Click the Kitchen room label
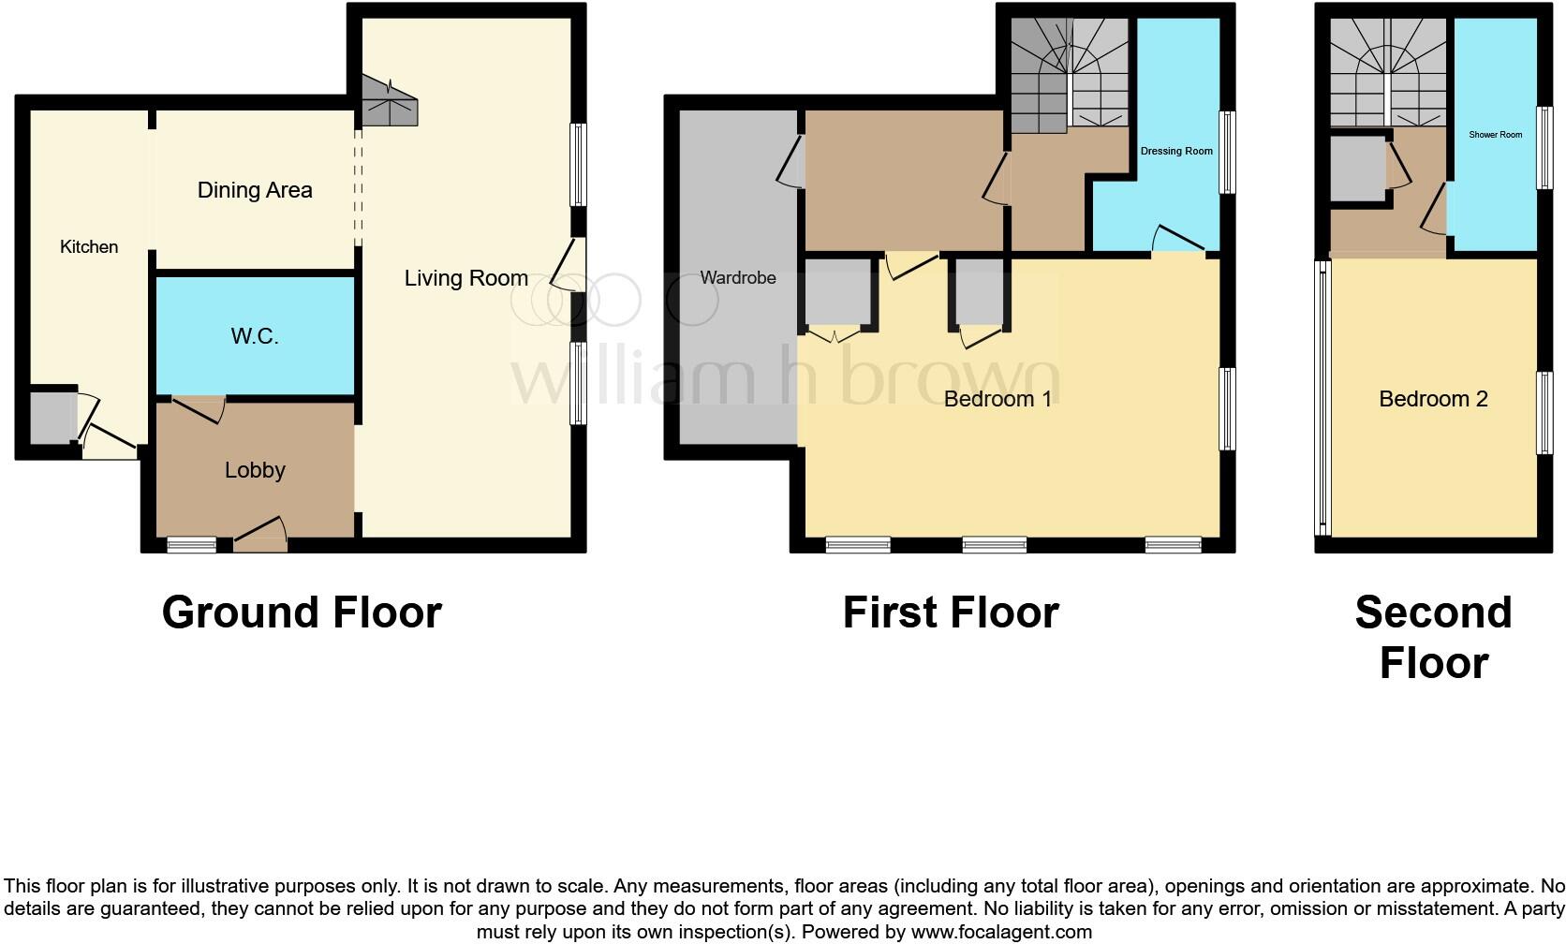tap(89, 247)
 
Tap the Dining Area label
tap(255, 190)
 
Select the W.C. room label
tap(255, 336)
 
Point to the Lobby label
tap(255, 470)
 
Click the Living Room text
tap(465, 278)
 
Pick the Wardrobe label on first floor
tap(738, 278)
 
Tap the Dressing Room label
tap(1176, 151)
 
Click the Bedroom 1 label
tap(997, 399)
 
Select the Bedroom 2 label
tap(1433, 399)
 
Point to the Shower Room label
tap(1495, 135)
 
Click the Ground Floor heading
tap(302, 612)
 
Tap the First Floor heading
tap(951, 612)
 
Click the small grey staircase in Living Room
tap(388, 103)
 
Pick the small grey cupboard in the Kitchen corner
tap(50, 418)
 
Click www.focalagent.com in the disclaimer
tap(1001, 932)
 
